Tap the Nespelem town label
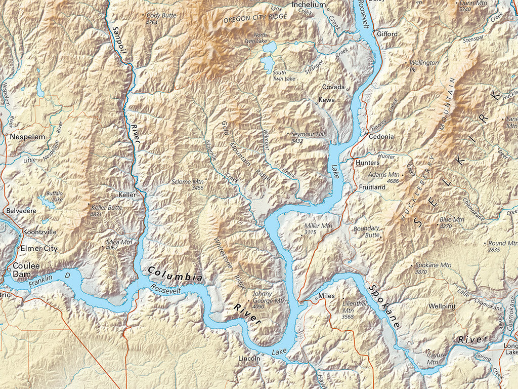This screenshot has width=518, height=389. click(x=27, y=137)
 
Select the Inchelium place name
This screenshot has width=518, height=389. click(x=309, y=5)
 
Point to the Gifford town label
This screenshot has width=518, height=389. click(x=387, y=34)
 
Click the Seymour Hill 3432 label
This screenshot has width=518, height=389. click(x=307, y=137)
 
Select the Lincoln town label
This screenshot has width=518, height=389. click(x=249, y=359)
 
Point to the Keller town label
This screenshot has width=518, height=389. click(x=127, y=194)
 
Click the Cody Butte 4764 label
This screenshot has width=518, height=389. click(x=161, y=19)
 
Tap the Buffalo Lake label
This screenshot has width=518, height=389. click(x=54, y=197)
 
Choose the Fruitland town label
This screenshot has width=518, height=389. click(x=372, y=187)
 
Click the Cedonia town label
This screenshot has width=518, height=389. click(x=381, y=137)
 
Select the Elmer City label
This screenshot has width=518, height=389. click(x=38, y=249)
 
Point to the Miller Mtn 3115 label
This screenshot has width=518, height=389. click(x=318, y=228)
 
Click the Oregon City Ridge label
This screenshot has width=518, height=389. click(x=255, y=18)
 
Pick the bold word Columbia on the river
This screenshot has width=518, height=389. click(x=175, y=274)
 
